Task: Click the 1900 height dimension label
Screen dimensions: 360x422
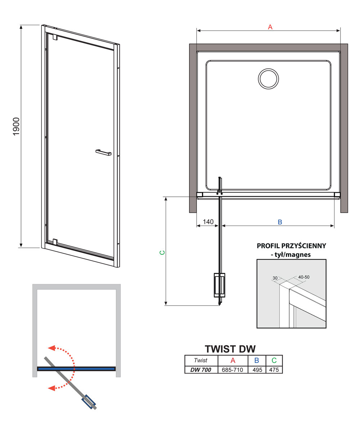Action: (16, 126)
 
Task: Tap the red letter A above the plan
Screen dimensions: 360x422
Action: (270, 27)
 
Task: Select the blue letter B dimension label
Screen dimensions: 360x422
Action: (280, 222)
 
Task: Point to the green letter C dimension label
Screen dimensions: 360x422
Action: (162, 253)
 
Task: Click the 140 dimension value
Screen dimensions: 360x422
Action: (208, 222)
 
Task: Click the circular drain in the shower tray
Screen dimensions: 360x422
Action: (268, 79)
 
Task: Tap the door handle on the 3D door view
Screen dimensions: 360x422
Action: (104, 152)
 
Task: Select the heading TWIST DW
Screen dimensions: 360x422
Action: (230, 349)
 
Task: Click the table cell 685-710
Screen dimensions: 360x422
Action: (232, 370)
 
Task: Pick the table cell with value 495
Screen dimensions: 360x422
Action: (257, 370)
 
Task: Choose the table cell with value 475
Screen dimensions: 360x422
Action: (274, 370)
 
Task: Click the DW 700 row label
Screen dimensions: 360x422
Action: (201, 370)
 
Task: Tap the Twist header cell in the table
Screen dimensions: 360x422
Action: (201, 360)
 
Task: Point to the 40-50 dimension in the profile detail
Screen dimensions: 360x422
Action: (304, 277)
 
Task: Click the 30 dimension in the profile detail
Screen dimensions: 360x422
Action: (275, 278)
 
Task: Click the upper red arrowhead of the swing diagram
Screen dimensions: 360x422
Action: (51, 348)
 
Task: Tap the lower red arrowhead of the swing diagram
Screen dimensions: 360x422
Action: (51, 388)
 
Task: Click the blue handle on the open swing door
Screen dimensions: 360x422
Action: (89, 402)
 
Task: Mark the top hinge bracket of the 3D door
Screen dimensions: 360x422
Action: (55, 37)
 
